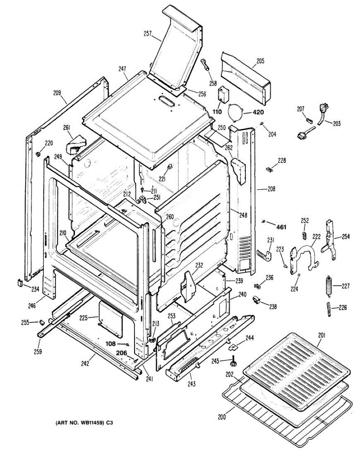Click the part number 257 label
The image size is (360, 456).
coord(148,34)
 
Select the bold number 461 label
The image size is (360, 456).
coord(281,227)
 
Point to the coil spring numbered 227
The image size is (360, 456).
coord(329,285)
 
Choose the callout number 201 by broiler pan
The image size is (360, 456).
coord(321,335)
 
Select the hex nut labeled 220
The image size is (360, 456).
coord(38,154)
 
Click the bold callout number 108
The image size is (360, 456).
coord(111,344)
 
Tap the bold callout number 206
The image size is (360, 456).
coord(122,353)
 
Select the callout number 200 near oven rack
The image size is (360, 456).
coord(222,417)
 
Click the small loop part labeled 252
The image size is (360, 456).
coord(305,233)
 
